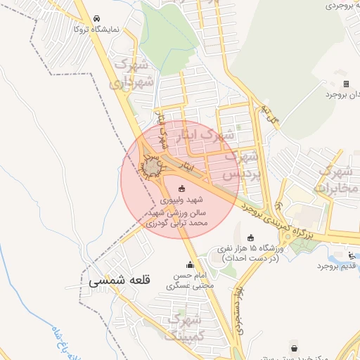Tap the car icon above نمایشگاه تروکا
(96, 19)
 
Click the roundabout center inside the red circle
(153, 167)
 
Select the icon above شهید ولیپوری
(182, 188)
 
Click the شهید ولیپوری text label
(182, 200)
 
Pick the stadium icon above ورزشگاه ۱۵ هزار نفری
(251, 238)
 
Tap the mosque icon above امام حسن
(190, 264)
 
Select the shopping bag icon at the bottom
(293, 348)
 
